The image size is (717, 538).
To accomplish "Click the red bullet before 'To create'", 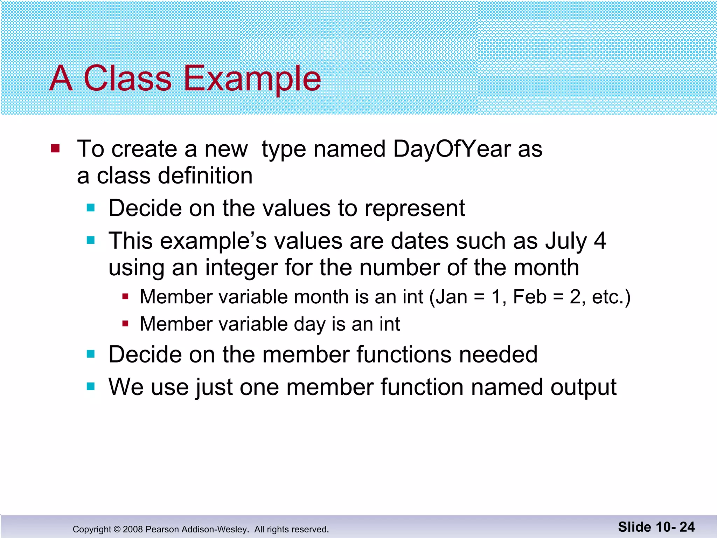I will click(x=55, y=149).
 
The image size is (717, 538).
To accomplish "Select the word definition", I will click(x=205, y=176).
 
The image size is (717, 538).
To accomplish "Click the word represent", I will click(x=415, y=208).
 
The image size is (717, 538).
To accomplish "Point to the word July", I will click(x=566, y=241).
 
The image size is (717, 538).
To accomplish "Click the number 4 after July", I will click(x=600, y=241).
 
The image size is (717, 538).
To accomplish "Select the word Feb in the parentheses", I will click(x=529, y=297).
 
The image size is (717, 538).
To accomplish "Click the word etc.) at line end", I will click(x=611, y=297).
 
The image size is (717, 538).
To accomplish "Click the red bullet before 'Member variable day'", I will click(x=126, y=324).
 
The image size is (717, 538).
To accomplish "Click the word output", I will click(x=583, y=387).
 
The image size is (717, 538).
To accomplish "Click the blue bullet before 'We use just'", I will click(x=91, y=387).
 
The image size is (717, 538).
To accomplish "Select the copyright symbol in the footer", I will click(x=117, y=529).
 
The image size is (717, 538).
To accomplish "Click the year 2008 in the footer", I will click(x=133, y=529).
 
